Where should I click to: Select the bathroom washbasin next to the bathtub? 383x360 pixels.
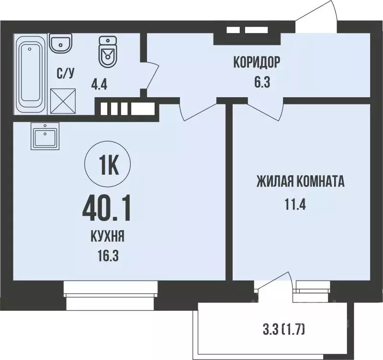(61, 44)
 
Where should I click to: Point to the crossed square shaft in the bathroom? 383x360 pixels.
(62, 101)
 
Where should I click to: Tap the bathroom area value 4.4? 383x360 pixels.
(99, 86)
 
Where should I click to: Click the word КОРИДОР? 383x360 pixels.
(256, 62)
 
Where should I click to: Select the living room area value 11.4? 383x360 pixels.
(295, 205)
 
